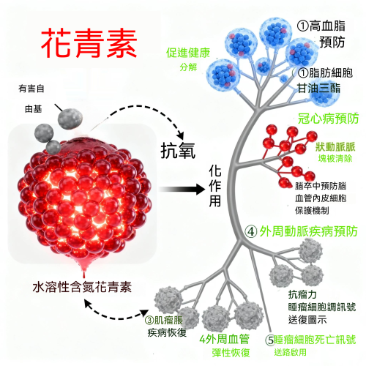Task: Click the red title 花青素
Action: [89, 43]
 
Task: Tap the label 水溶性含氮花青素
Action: [82, 287]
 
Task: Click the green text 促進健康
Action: [188, 53]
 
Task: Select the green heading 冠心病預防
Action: [328, 119]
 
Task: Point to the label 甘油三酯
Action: [318, 89]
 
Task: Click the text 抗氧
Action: [178, 151]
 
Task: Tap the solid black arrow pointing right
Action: [182, 190]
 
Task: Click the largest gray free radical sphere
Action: [70, 119]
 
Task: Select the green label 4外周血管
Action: [225, 339]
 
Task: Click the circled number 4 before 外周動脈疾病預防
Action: [251, 231]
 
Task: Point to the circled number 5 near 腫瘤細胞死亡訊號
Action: [270, 340]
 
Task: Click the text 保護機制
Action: [312, 210]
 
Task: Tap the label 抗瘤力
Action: [302, 294]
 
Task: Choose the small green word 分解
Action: [188, 67]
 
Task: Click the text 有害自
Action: [31, 89]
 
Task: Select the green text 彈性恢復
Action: [231, 353]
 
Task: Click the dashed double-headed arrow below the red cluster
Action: [116, 315]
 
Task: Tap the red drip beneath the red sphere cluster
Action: [84, 269]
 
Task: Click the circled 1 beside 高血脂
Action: [303, 26]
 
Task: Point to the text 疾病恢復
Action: [167, 332]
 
